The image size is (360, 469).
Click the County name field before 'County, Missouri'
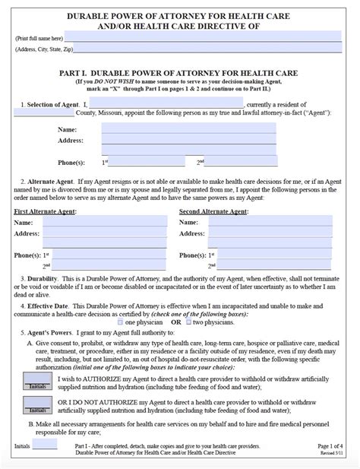43,112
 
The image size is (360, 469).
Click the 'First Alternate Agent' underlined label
47,210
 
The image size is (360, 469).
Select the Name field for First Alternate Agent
105,221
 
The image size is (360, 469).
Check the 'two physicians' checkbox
189,322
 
